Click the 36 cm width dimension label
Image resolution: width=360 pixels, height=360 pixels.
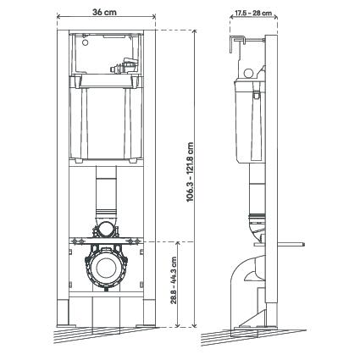[x=104, y=12]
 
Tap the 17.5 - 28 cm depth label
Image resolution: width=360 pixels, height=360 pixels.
[x=253, y=13]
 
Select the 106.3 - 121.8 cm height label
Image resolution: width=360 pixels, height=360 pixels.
[x=190, y=172]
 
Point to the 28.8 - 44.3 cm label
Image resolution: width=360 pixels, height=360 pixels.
[x=174, y=280]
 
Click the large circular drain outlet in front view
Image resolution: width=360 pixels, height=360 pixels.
[x=106, y=268]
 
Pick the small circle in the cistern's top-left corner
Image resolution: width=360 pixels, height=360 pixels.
[x=85, y=43]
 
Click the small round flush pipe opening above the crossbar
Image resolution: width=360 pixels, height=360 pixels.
[x=106, y=229]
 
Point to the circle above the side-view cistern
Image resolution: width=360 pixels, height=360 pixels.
[x=249, y=73]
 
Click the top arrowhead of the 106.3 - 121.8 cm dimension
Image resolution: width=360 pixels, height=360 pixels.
[x=195, y=31]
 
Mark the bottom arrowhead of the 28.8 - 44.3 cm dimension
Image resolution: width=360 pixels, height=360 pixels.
[x=177, y=325]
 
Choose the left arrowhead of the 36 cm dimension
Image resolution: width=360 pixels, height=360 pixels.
[x=58, y=16]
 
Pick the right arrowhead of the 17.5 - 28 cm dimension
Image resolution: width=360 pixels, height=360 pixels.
[x=275, y=17]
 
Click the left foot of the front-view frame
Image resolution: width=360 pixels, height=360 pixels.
[x=64, y=313]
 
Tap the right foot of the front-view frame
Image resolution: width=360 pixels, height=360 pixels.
[x=150, y=313]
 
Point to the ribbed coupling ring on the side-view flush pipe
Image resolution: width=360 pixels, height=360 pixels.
[x=257, y=217]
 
